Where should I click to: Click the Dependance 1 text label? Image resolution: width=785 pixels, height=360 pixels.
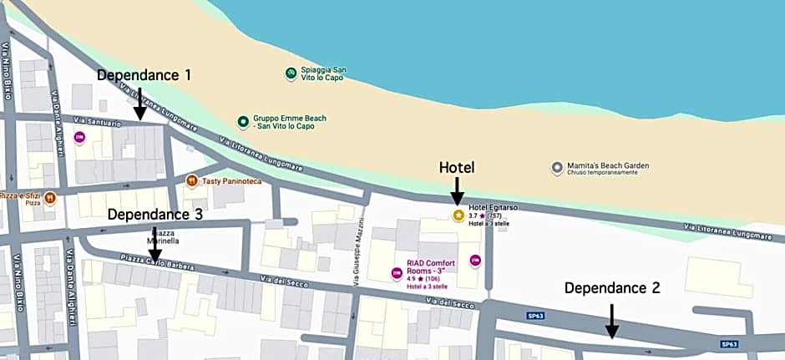pyautogui.click(x=144, y=75)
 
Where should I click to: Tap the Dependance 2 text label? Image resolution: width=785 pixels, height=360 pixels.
pyautogui.click(x=612, y=288)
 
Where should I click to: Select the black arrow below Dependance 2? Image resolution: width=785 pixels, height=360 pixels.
pyautogui.click(x=612, y=321)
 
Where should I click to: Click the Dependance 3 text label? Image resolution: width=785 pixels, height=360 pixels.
pyautogui.click(x=154, y=214)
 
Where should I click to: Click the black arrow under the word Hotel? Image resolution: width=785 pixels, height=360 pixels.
pyautogui.click(x=457, y=191)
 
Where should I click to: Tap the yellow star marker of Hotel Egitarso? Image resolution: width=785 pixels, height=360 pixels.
pyautogui.click(x=458, y=215)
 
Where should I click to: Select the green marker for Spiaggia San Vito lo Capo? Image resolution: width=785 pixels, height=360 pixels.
pyautogui.click(x=291, y=74)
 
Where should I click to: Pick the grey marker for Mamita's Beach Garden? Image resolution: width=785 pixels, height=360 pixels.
pyautogui.click(x=557, y=168)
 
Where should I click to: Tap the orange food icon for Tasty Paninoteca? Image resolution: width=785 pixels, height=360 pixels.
pyautogui.click(x=192, y=180)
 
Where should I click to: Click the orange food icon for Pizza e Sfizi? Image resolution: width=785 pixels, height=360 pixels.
pyautogui.click(x=50, y=198)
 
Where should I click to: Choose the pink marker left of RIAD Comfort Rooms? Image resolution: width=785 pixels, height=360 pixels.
pyautogui.click(x=397, y=272)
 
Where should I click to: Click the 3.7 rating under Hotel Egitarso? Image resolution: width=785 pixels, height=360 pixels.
pyautogui.click(x=473, y=215)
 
